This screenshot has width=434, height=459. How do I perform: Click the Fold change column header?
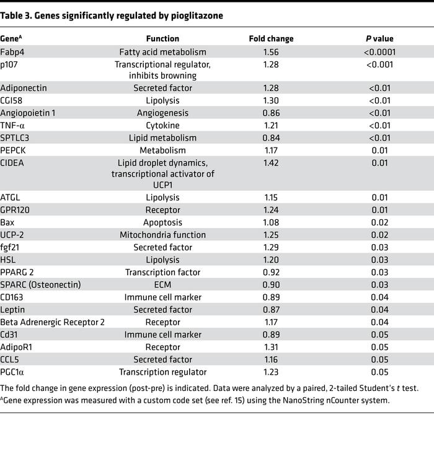pos(271,38)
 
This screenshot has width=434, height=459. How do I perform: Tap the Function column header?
pos(162,38)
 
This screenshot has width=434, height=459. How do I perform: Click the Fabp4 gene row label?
pos(12,52)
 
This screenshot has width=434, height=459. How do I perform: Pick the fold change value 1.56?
pos(271,52)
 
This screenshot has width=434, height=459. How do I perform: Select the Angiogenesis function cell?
pos(162,112)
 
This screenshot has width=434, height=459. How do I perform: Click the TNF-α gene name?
pos(13,125)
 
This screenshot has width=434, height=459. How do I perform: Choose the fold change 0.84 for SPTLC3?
pos(271,138)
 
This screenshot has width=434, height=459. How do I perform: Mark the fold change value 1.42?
pos(271,163)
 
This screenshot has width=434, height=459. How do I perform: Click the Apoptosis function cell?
pos(162,222)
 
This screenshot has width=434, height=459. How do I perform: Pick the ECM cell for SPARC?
pos(162,284)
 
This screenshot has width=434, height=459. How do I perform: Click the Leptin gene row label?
pos(13,309)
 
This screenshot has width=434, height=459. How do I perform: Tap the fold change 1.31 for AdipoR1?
pos(271,347)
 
